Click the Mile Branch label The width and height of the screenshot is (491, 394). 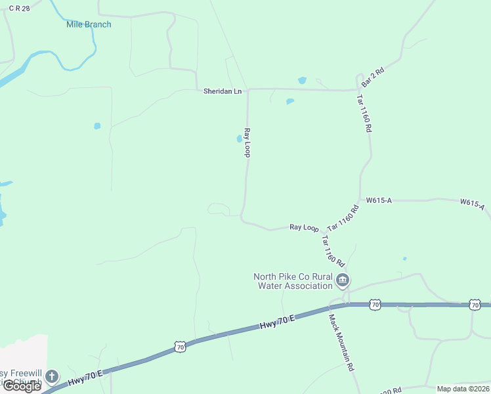coord(89,25)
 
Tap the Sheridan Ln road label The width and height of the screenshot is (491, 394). coord(223,92)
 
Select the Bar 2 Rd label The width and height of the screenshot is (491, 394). coord(372,78)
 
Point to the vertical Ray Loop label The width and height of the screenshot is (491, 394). coord(247,142)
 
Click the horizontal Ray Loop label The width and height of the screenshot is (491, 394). coord(304,227)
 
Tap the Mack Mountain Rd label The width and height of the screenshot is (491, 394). coord(341,341)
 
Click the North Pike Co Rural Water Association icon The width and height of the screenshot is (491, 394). coord(342,281)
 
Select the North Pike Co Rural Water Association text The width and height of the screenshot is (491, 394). coord(293,281)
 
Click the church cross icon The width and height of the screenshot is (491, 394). coord(52,377)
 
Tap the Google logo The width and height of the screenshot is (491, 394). coord(22,386)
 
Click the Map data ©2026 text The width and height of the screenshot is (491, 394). coord(463,389)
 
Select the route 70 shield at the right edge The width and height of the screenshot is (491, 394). coord(475,305)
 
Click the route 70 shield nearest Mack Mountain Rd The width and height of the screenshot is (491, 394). coord(374,305)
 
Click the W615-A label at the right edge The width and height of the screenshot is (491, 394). coord(472,204)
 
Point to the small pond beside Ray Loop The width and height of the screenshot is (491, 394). coord(239,139)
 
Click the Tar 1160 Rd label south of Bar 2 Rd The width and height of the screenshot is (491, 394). coord(364,113)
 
